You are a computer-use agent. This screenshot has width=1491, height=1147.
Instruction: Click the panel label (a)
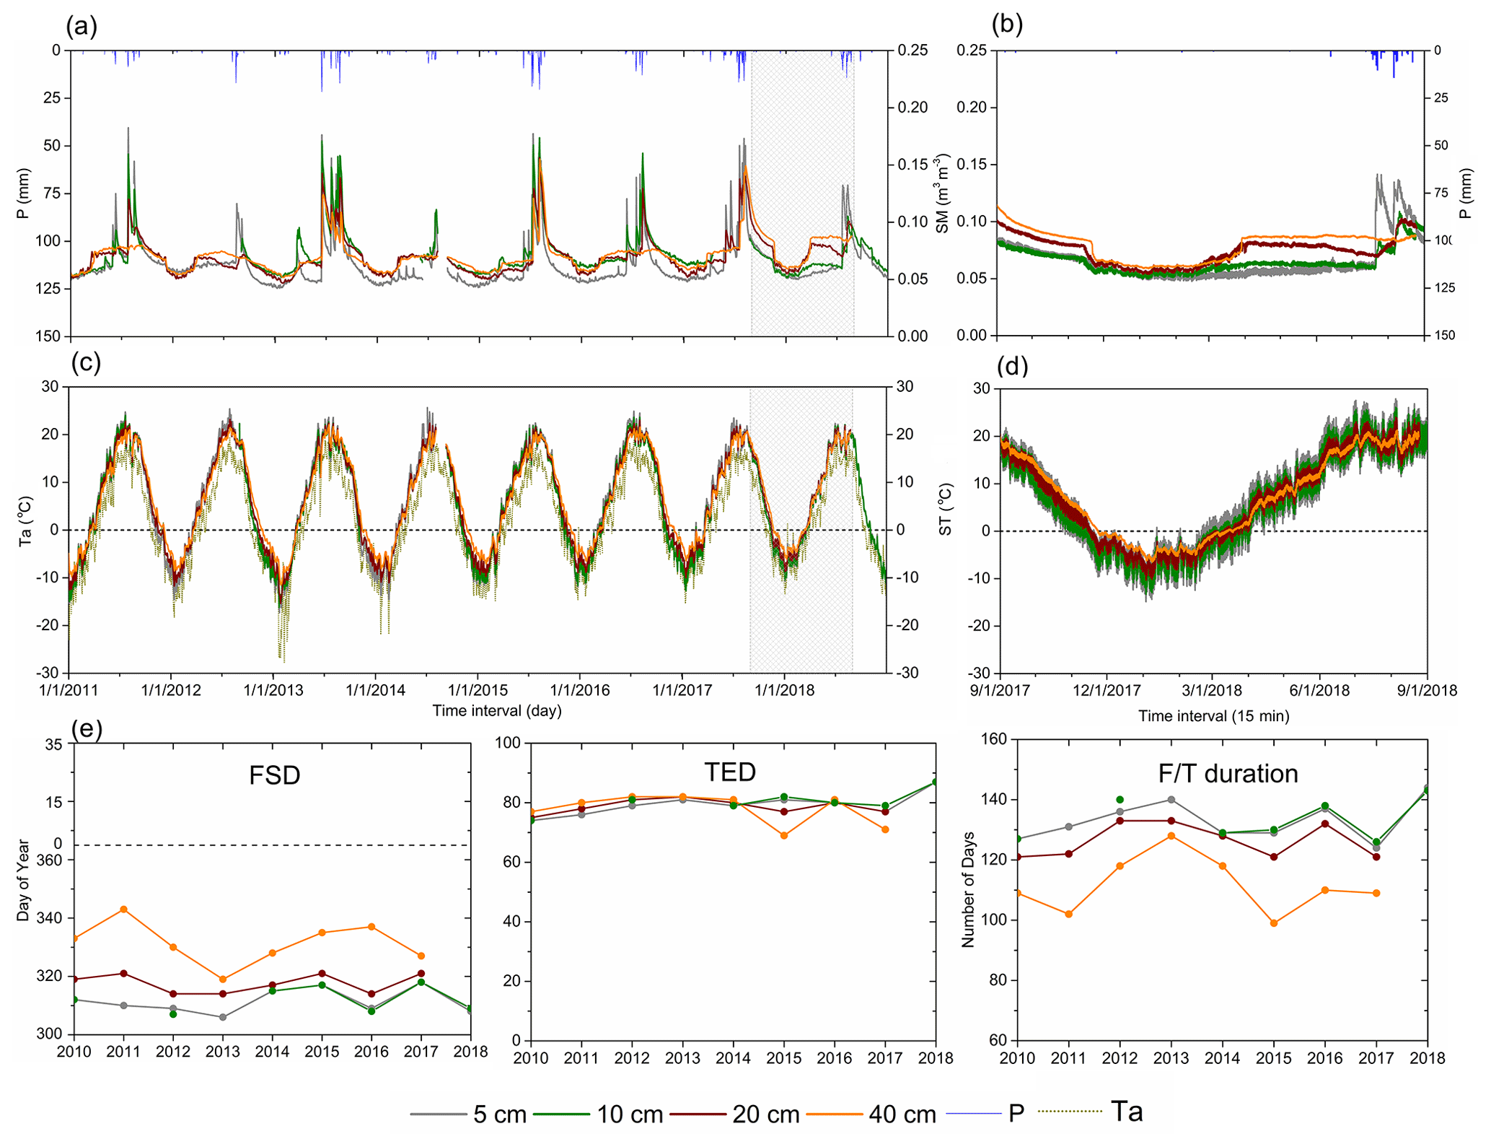[x=81, y=27]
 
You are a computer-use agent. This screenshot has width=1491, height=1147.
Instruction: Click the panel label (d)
[x=1011, y=366]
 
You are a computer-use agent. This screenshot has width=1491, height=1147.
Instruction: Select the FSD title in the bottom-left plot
[x=274, y=775]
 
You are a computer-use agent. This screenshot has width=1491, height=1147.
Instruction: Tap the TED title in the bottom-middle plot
[x=730, y=772]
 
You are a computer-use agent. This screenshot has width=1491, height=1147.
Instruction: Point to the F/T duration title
[x=1228, y=774]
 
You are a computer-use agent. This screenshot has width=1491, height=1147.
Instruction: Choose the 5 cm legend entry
[x=469, y=1115]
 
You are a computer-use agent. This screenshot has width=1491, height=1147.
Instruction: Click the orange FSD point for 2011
[x=123, y=909]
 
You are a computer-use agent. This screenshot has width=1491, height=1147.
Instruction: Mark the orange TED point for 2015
[x=784, y=835]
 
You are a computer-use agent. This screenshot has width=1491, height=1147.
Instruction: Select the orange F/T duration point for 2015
[x=1274, y=923]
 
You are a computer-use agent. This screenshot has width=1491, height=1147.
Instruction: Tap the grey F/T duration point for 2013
[x=1171, y=800]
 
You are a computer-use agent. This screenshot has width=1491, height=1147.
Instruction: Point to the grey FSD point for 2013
[x=223, y=1017]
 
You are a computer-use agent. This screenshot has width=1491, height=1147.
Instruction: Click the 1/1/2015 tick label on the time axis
[x=478, y=690]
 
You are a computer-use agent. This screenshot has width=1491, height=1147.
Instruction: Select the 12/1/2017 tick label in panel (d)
[x=1107, y=690]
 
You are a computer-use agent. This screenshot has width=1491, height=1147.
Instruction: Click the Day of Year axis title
[x=23, y=880]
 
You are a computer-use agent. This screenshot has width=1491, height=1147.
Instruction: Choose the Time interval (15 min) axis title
[x=1213, y=716]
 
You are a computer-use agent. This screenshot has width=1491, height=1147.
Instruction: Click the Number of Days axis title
[x=968, y=889]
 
